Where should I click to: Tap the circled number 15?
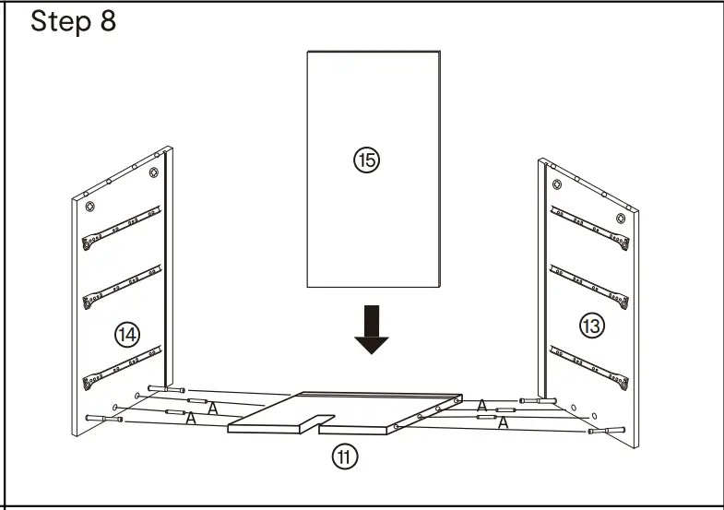[366, 160]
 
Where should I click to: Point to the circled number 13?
[591, 324]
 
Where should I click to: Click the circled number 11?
[345, 455]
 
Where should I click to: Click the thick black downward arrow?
[372, 329]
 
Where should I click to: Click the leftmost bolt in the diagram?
[104, 419]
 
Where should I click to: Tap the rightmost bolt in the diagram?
[608, 431]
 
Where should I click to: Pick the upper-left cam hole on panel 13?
[552, 167]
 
